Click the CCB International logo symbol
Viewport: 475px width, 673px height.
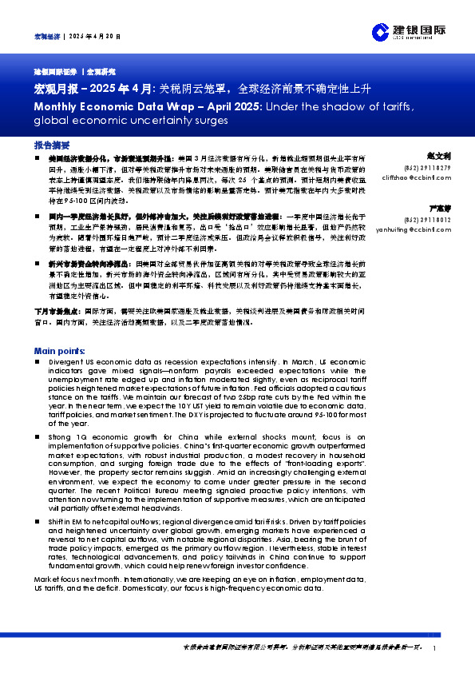pos(380,32)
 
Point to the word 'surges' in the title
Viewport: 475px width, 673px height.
pos(211,121)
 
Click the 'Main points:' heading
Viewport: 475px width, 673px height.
pos(60,351)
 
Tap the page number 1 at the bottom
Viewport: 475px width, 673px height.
pos(433,648)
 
